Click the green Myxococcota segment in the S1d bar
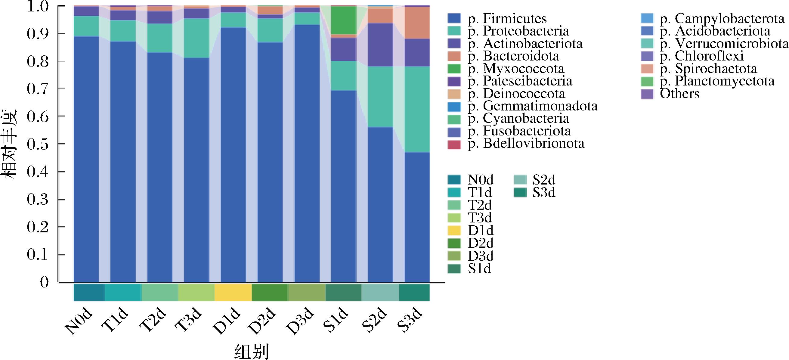(344, 20)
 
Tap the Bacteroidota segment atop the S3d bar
(417, 23)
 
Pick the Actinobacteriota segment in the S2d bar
(380, 45)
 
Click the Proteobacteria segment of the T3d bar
(196, 38)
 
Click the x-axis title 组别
(252, 351)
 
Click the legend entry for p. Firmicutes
(507, 18)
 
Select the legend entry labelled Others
(679, 93)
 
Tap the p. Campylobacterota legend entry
(722, 18)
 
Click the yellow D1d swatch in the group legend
(454, 230)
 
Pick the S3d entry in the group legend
(544, 192)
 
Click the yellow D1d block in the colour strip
(233, 292)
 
